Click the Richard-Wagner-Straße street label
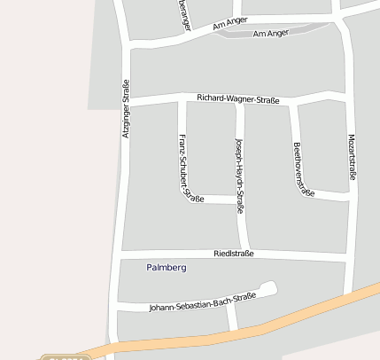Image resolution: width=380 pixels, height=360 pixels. (237, 99)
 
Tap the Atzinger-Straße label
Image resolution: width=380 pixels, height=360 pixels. (126, 108)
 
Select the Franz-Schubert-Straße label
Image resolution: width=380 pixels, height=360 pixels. (188, 168)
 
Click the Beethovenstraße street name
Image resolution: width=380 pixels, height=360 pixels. (302, 168)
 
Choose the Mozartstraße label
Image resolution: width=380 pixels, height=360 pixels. (352, 158)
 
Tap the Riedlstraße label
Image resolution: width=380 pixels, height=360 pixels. (234, 254)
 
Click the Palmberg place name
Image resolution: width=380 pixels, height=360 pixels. (167, 267)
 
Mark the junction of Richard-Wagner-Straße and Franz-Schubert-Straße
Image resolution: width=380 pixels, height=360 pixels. (182, 99)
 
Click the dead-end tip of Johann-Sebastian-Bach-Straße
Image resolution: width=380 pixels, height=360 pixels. (270, 286)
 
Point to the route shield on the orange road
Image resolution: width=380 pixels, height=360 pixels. (66, 356)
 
